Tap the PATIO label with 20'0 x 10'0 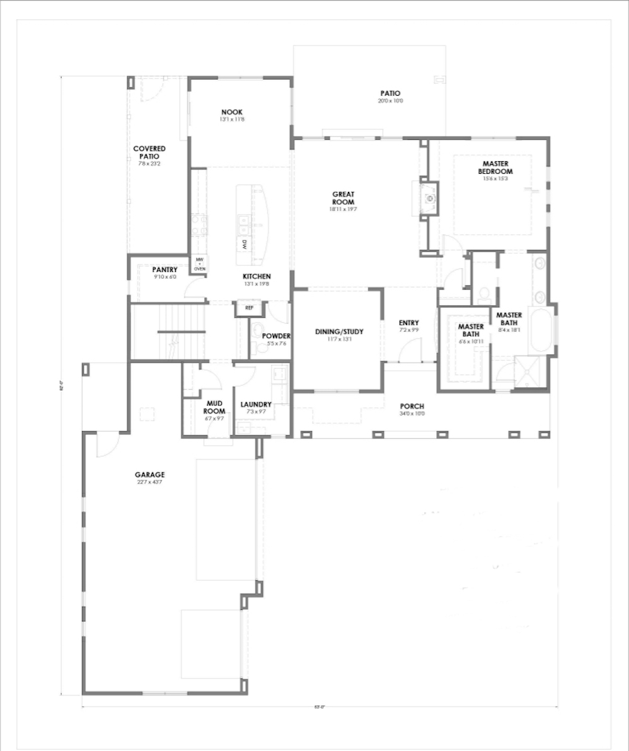(x=390, y=94)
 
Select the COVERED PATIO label (x=149, y=152)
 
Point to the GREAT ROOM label (x=343, y=198)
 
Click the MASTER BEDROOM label (x=495, y=167)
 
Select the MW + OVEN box (x=200, y=264)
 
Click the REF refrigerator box (x=248, y=308)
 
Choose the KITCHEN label (x=257, y=276)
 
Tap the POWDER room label (x=277, y=336)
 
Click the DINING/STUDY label (x=339, y=332)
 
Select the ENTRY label (x=408, y=324)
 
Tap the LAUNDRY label (x=256, y=404)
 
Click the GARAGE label (x=149, y=475)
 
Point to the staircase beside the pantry (x=168, y=331)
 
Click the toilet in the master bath (x=484, y=293)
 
